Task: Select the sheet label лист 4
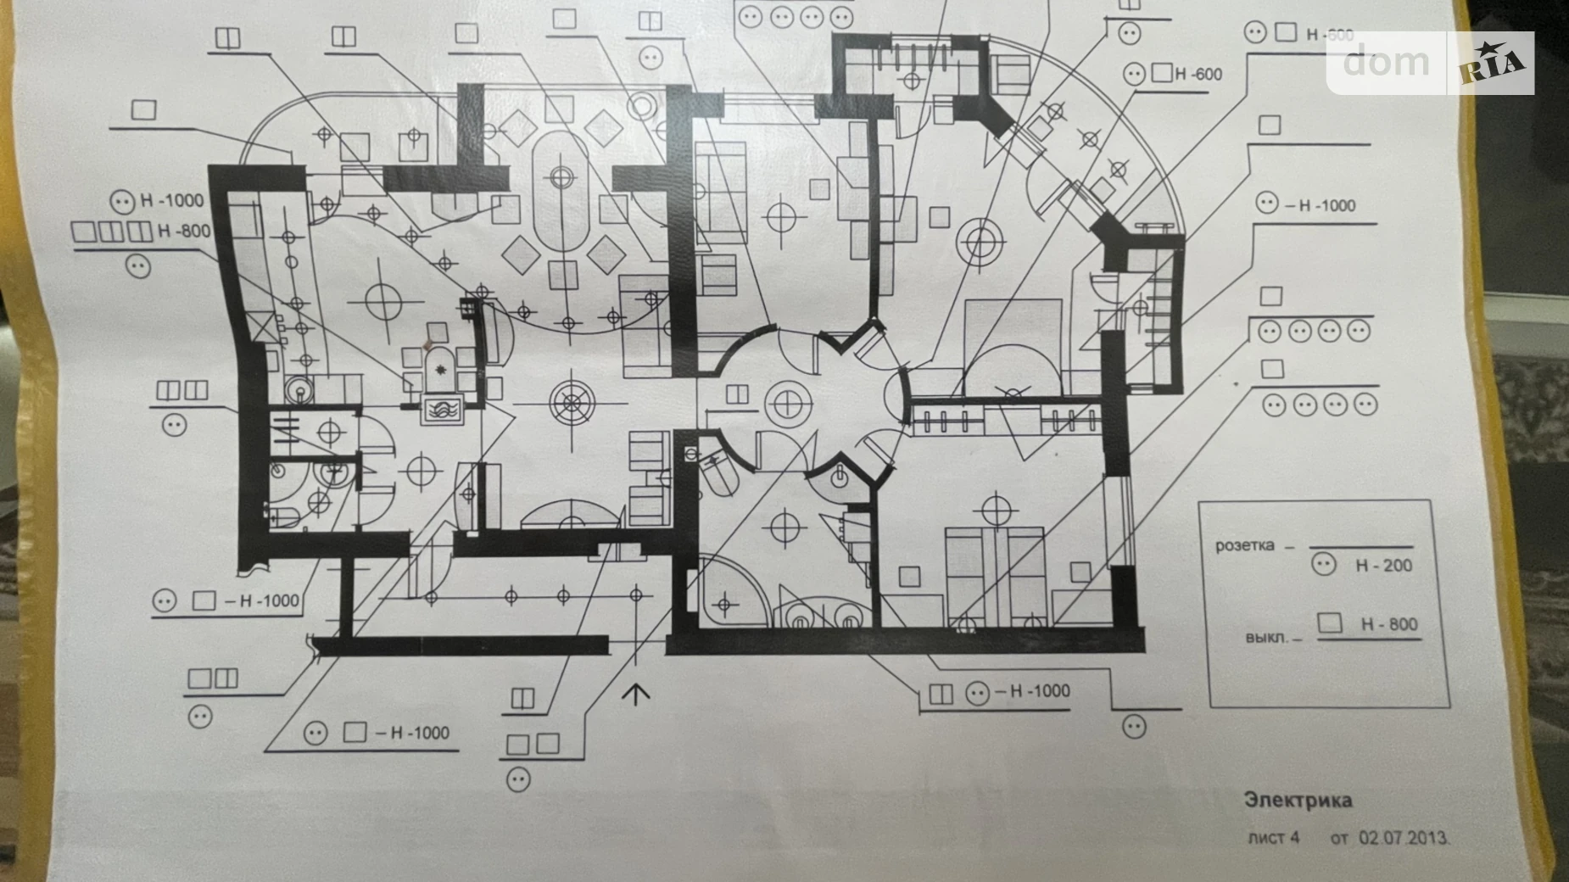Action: (1273, 838)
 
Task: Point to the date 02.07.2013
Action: (1404, 838)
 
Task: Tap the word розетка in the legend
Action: (1244, 545)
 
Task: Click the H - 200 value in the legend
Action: (1383, 566)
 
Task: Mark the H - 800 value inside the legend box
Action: (1389, 624)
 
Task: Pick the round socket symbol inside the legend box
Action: (1323, 564)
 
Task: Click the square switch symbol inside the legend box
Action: (1330, 622)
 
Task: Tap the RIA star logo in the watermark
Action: (1493, 63)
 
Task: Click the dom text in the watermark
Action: (1386, 62)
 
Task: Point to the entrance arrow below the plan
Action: (635, 693)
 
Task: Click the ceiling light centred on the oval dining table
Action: (561, 177)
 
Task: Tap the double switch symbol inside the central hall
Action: (736, 394)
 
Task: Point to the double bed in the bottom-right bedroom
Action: (994, 575)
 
